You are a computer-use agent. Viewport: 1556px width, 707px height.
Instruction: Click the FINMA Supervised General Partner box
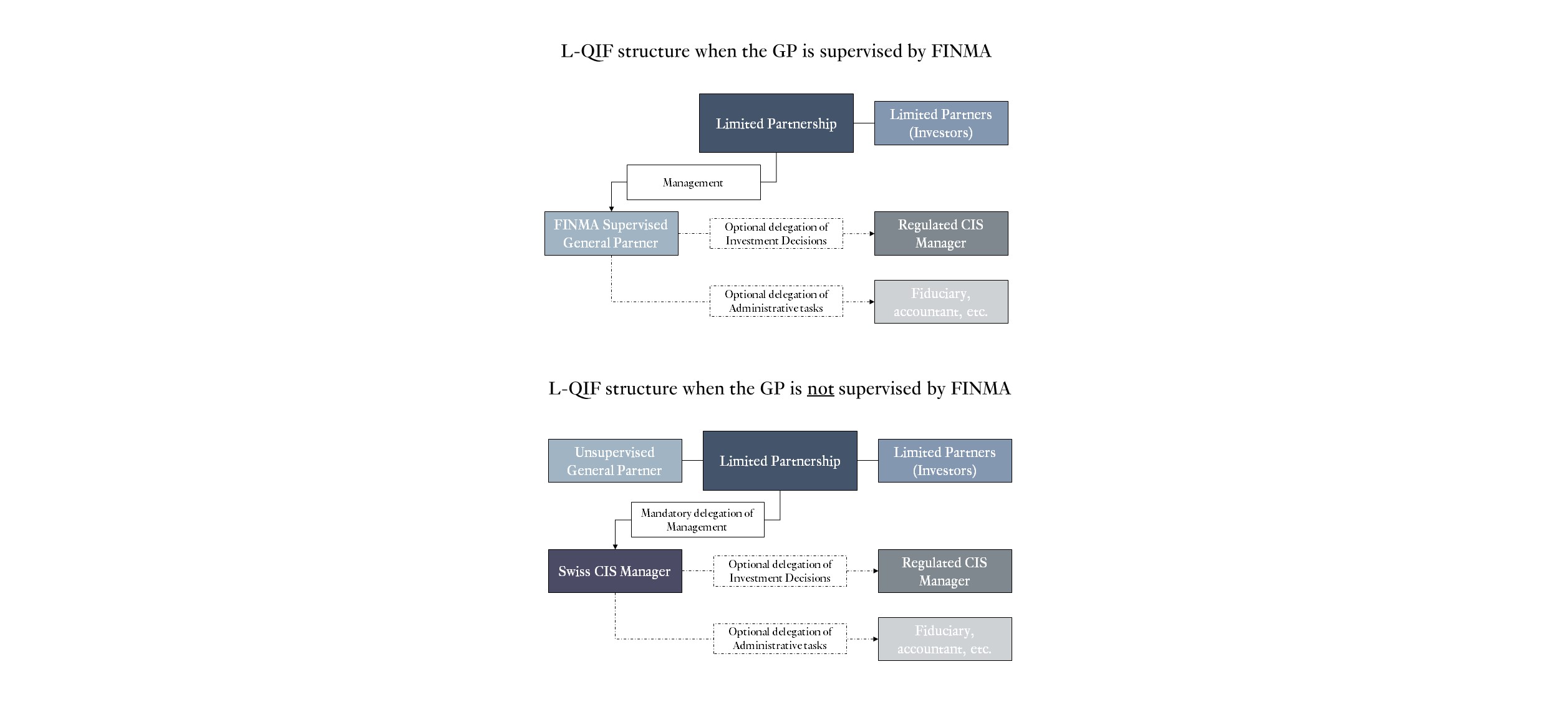point(611,234)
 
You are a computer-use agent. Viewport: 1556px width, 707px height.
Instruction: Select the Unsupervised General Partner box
point(614,461)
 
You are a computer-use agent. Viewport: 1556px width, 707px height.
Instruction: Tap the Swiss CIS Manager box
point(614,571)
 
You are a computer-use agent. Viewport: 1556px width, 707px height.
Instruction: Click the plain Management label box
point(693,183)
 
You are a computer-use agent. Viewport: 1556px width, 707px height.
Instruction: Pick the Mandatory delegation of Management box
point(697,519)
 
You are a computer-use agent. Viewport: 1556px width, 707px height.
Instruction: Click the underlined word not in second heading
point(820,389)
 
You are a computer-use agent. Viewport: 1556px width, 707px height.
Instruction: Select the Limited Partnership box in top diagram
point(776,123)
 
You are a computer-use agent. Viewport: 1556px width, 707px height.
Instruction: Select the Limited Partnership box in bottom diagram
point(780,461)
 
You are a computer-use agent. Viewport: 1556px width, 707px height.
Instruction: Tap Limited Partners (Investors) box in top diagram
point(940,123)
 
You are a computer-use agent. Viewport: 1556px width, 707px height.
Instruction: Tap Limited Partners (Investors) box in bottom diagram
point(944,461)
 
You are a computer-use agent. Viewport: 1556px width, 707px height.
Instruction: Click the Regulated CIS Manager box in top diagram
point(940,234)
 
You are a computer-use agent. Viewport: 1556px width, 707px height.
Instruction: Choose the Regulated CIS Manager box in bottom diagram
point(944,571)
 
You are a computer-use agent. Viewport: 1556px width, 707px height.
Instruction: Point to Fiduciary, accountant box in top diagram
point(940,302)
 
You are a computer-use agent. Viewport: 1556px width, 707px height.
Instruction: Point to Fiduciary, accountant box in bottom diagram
point(944,639)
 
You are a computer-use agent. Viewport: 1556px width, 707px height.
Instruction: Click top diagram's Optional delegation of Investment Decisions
point(776,234)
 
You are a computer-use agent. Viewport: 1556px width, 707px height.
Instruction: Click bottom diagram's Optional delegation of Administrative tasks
point(780,639)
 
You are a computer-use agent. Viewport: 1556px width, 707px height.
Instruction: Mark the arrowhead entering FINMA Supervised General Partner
point(611,209)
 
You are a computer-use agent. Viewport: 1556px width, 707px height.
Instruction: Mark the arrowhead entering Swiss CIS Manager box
point(615,547)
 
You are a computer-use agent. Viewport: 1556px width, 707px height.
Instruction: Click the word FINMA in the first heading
point(960,51)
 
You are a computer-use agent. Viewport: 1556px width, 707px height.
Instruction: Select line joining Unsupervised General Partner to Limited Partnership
point(692,460)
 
